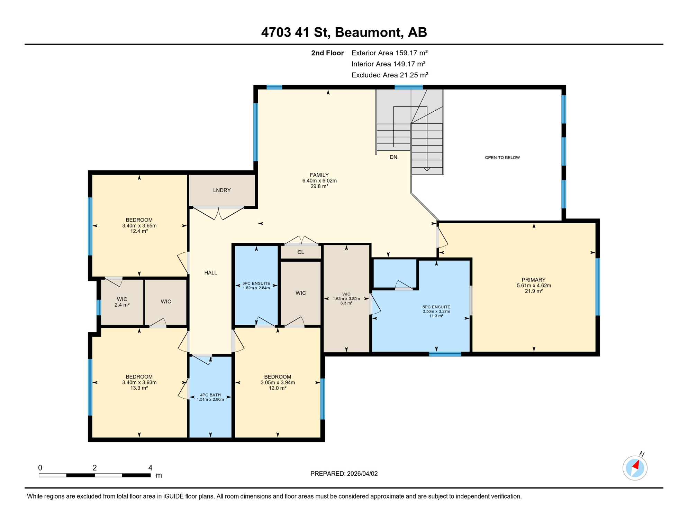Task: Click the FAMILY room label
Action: pyautogui.click(x=319, y=175)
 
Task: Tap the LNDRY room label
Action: pyautogui.click(x=221, y=190)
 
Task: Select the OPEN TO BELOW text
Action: pyautogui.click(x=502, y=157)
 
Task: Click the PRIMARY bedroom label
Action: pyautogui.click(x=533, y=280)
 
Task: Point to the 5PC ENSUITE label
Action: pyautogui.click(x=436, y=307)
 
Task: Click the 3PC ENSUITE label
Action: pyautogui.click(x=256, y=283)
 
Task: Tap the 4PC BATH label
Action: pyautogui.click(x=210, y=395)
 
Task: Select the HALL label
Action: pyautogui.click(x=210, y=272)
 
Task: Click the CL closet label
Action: pyautogui.click(x=300, y=252)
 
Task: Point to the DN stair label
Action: pyautogui.click(x=393, y=157)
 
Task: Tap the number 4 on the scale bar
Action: pyautogui.click(x=150, y=467)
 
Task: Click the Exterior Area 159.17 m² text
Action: pyautogui.click(x=389, y=53)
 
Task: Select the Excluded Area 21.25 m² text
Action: pyautogui.click(x=390, y=75)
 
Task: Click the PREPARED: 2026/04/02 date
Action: pyautogui.click(x=344, y=474)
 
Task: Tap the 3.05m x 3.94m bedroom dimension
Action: pyautogui.click(x=278, y=382)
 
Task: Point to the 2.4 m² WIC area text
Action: pyautogui.click(x=122, y=305)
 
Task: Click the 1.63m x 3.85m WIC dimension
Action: pyautogui.click(x=346, y=299)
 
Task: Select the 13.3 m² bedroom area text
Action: pyautogui.click(x=139, y=388)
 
